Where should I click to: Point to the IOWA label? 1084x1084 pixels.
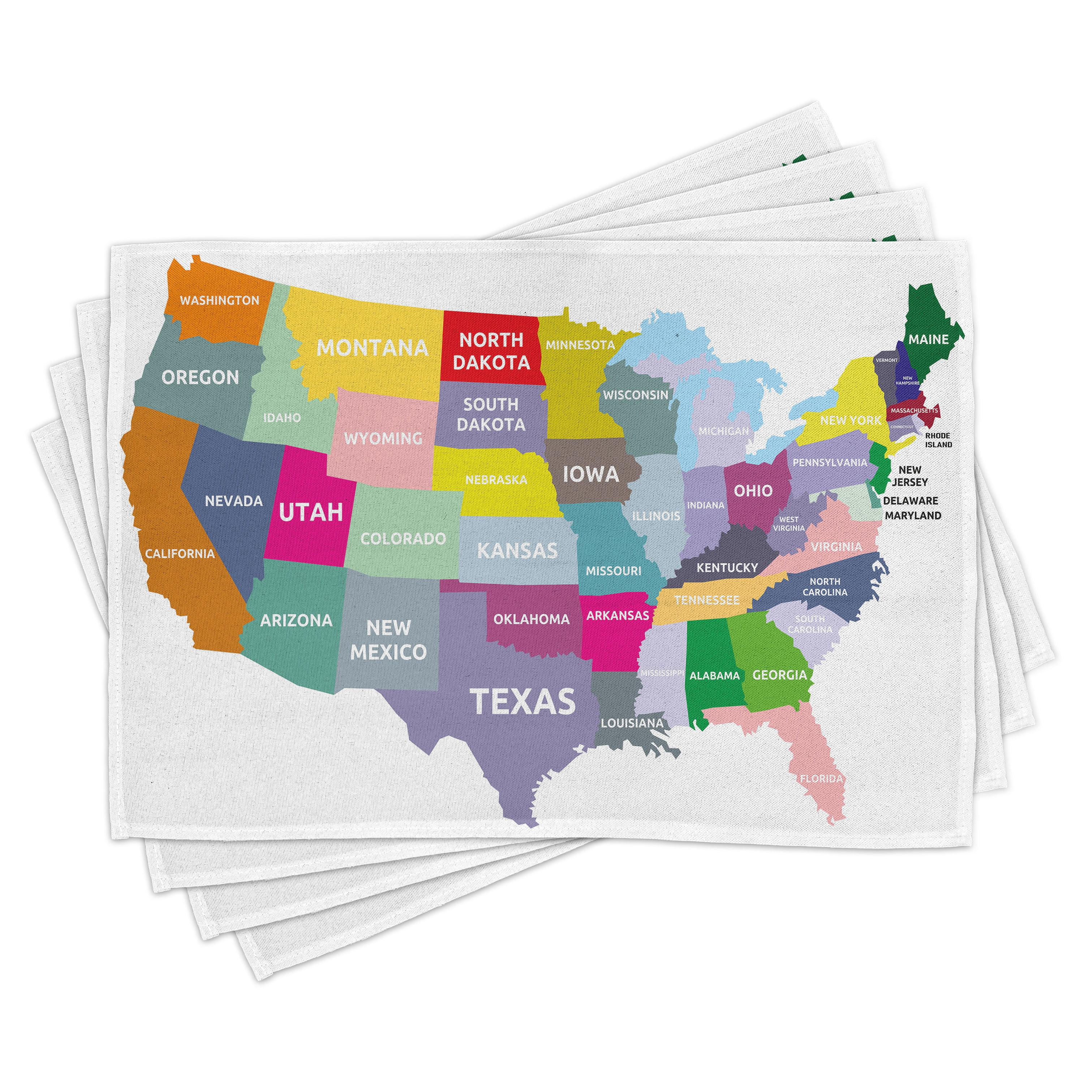point(591,474)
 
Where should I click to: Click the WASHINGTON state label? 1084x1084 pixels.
point(219,300)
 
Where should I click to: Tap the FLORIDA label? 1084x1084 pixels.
point(821,778)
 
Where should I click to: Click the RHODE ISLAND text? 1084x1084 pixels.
point(938,440)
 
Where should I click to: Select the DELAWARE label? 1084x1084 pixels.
point(910,500)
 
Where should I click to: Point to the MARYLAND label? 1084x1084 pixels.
point(913,515)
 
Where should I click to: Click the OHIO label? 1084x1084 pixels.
point(753,491)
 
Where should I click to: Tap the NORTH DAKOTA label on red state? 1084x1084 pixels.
point(491,350)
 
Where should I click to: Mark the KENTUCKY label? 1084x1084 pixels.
point(727,568)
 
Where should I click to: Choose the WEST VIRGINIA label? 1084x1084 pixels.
point(788,524)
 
